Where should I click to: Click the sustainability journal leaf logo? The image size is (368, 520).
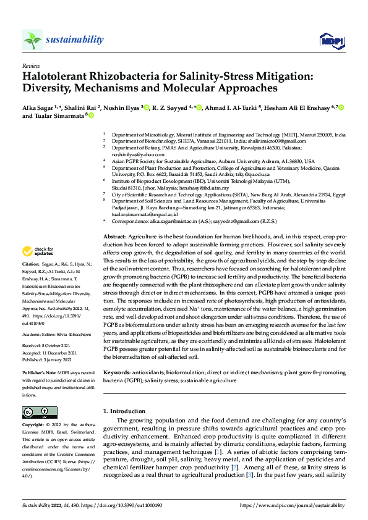tap(33, 40)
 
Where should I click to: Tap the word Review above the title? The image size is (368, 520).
tap(31, 65)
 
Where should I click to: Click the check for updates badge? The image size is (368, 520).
tap(37, 251)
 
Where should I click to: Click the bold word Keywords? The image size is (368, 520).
tap(116, 374)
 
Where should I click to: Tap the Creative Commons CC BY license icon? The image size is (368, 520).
tap(40, 412)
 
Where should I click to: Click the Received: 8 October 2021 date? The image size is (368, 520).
tap(48, 329)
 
